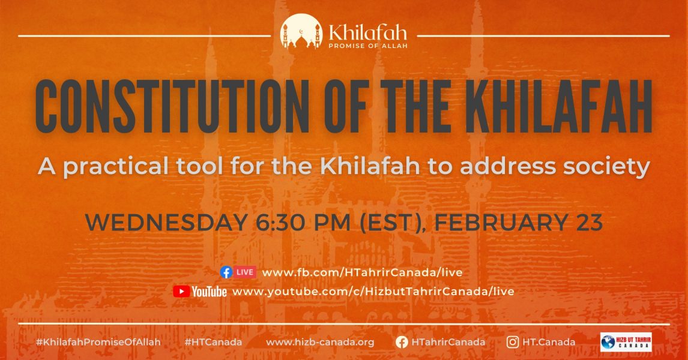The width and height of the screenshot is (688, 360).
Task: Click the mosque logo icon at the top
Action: (x=301, y=31)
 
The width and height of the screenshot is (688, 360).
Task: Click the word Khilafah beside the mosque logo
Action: (x=367, y=30)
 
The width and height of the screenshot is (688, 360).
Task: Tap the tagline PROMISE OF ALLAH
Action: (x=367, y=46)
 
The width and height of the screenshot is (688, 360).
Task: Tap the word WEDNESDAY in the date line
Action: (x=164, y=223)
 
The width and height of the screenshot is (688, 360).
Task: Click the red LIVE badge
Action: (x=245, y=272)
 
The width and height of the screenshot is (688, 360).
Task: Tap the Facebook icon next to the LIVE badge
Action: (x=226, y=272)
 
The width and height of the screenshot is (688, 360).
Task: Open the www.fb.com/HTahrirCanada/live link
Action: (x=362, y=272)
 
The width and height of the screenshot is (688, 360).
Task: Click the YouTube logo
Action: (x=200, y=292)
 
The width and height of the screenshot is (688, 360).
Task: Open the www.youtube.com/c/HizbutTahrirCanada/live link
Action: (x=373, y=292)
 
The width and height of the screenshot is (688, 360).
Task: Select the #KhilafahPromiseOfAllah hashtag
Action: (x=98, y=342)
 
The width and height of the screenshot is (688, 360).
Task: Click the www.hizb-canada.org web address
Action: (x=320, y=342)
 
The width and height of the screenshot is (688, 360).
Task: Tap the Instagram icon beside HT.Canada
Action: (x=513, y=342)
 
